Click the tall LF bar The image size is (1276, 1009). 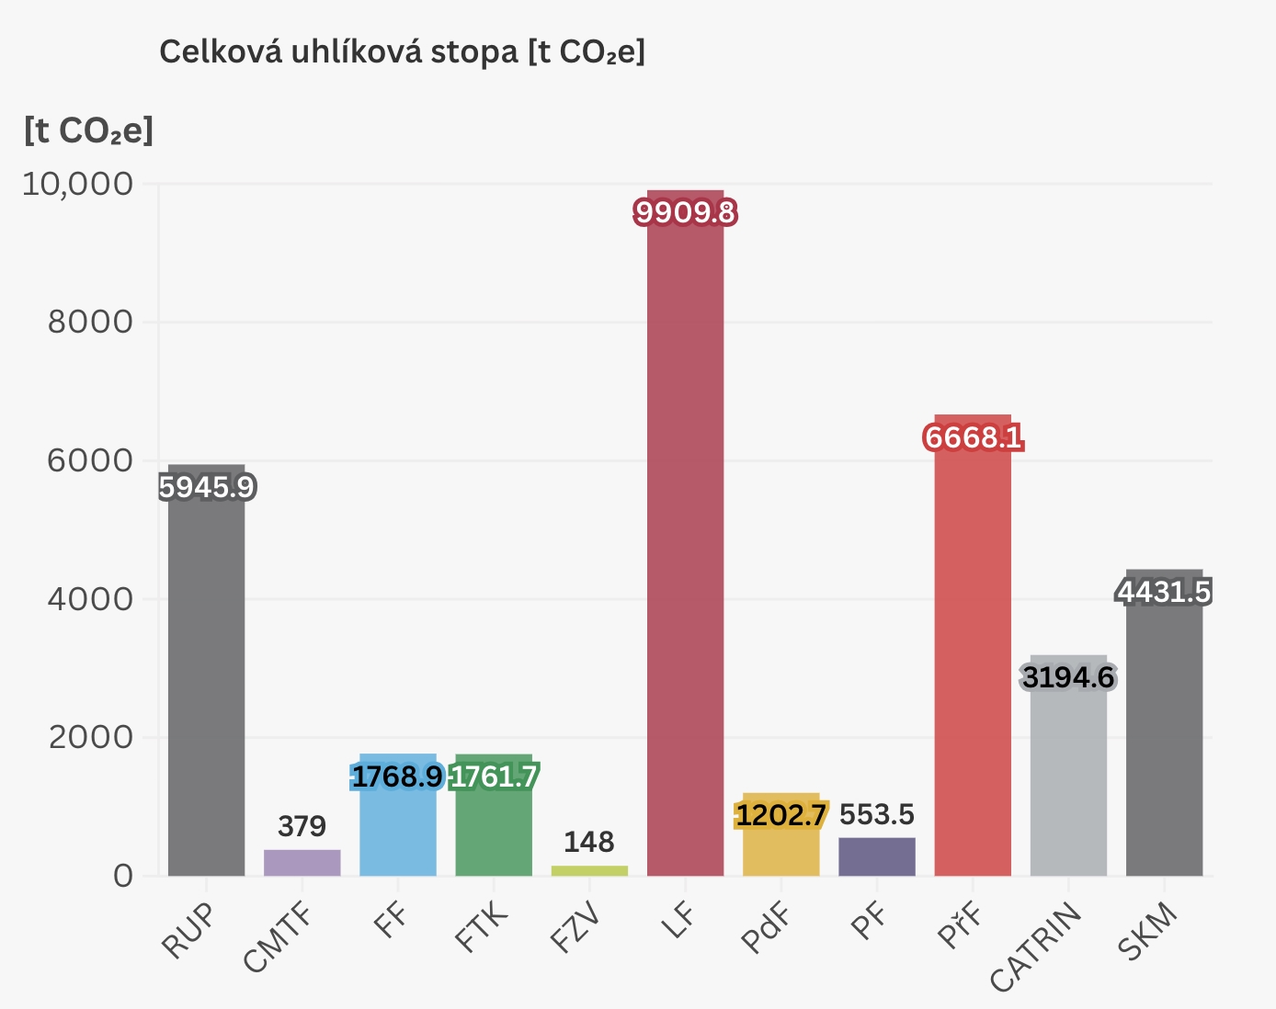point(685,551)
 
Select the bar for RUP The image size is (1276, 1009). point(206,680)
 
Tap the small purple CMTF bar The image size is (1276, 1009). point(302,863)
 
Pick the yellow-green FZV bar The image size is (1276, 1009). point(589,870)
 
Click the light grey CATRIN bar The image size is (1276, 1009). point(1068,781)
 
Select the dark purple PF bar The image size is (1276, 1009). point(877,856)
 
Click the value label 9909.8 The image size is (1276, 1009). point(686,213)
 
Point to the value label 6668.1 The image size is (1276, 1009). point(973,437)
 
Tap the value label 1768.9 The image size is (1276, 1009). point(397,777)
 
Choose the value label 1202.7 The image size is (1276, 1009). point(780,815)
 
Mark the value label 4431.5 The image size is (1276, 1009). point(1164,593)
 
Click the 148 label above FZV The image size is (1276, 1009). point(588,842)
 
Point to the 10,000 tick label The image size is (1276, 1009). point(77,184)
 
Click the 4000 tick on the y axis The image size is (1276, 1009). point(90,599)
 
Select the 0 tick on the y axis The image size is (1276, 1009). point(123,876)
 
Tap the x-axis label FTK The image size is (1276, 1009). point(482,927)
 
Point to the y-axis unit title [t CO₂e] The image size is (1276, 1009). point(88,130)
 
